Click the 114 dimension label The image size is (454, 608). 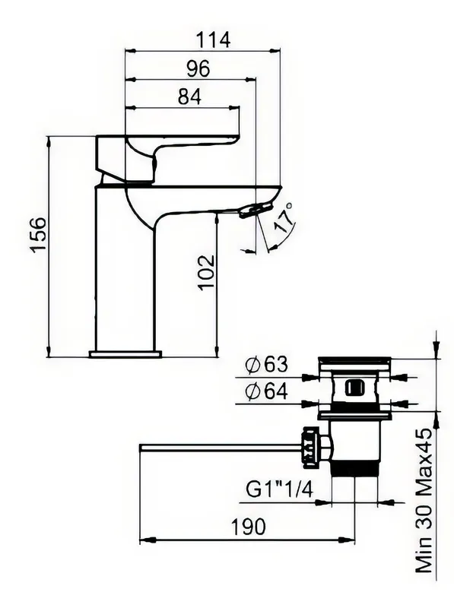point(213,40)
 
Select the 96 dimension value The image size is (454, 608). point(198,68)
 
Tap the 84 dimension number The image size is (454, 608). point(190,97)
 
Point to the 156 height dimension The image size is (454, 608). point(40,235)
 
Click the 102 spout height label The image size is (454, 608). point(206,272)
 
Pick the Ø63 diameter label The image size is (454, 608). point(268,364)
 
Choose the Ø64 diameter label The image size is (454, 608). point(268,391)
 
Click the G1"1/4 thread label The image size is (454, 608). point(280,490)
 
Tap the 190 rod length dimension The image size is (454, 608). point(249,527)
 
